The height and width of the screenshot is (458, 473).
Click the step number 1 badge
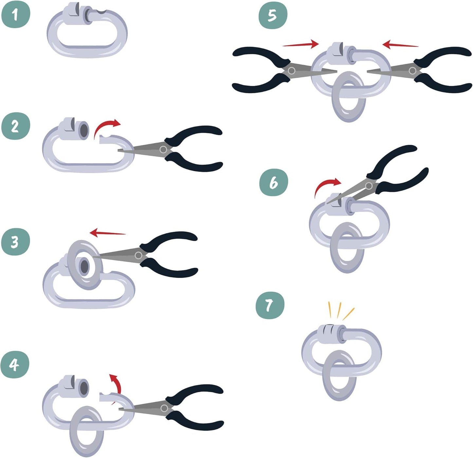pyautogui.click(x=15, y=15)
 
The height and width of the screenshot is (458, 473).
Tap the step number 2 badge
pyautogui.click(x=15, y=126)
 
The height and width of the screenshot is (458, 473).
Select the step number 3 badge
pyautogui.click(x=15, y=242)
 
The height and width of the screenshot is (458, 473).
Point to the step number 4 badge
pyautogui.click(x=15, y=364)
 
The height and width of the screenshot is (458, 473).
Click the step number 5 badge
pyautogui.click(x=273, y=15)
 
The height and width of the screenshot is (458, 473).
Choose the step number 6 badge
pyautogui.click(x=274, y=183)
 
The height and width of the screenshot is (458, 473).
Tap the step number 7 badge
pyautogui.click(x=270, y=305)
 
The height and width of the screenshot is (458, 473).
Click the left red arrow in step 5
pyautogui.click(x=300, y=44)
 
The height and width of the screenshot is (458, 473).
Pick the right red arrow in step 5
pyautogui.click(x=400, y=45)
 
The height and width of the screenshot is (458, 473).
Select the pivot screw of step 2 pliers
pyautogui.click(x=163, y=150)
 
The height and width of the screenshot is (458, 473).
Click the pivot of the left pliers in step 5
pyautogui.click(x=291, y=70)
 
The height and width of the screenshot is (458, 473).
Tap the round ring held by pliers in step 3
pyautogui.click(x=84, y=265)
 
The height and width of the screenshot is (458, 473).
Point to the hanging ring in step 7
pyautogui.click(x=339, y=375)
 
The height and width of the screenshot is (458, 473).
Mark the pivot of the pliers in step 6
pyautogui.click(x=369, y=186)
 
